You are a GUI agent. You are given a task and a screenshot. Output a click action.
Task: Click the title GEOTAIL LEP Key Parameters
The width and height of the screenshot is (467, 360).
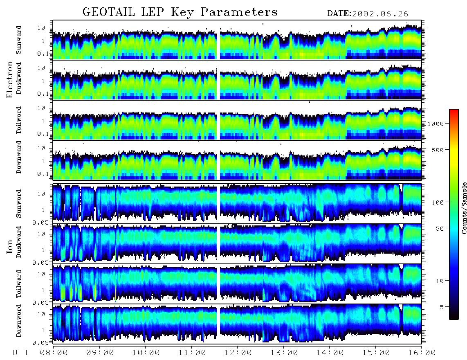pyautogui.click(x=180, y=12)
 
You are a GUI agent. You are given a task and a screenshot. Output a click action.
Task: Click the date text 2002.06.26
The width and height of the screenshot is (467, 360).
pyautogui.click(x=380, y=14)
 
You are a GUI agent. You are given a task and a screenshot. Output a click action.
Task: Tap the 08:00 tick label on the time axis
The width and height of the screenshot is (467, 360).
pyautogui.click(x=54, y=353)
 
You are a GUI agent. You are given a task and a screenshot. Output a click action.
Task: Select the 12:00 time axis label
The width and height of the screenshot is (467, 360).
pyautogui.click(x=238, y=353)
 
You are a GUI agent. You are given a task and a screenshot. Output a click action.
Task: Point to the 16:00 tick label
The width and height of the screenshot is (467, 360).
pyautogui.click(x=422, y=353)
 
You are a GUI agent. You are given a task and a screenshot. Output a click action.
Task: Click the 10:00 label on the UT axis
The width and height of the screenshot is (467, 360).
pyautogui.click(x=146, y=353)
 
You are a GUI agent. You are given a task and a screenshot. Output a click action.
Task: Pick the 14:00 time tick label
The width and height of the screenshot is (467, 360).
pyautogui.click(x=330, y=353)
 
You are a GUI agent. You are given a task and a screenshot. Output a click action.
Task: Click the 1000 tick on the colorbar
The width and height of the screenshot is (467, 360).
pyautogui.click(x=436, y=124)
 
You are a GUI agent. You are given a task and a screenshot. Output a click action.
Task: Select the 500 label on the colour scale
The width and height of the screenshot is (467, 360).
pyautogui.click(x=438, y=150)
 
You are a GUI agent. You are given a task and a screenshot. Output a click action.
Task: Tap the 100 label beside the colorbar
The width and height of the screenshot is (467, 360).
pyautogui.click(x=438, y=202)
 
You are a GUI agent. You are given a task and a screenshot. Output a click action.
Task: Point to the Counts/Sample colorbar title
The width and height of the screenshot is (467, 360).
pyautogui.click(x=464, y=208)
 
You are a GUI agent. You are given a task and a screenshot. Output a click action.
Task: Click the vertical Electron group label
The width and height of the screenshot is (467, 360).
pyautogui.click(x=9, y=79)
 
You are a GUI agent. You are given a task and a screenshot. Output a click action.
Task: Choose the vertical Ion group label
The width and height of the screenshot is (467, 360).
pyautogui.click(x=9, y=246)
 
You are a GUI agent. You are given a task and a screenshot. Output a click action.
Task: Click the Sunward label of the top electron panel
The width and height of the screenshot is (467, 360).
pyautogui.click(x=18, y=40)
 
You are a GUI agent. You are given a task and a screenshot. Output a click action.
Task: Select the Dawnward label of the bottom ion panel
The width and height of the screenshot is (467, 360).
pyautogui.click(x=18, y=320)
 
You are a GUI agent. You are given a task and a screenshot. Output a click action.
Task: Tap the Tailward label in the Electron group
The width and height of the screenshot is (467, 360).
pyautogui.click(x=18, y=120)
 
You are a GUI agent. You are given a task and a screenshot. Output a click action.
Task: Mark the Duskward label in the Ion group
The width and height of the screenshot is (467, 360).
pyautogui.click(x=18, y=242)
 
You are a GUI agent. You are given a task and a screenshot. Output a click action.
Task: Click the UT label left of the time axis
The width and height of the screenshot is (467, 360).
pyautogui.click(x=20, y=353)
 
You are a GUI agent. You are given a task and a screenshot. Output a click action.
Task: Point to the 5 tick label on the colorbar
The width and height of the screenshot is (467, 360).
pyautogui.click(x=442, y=307)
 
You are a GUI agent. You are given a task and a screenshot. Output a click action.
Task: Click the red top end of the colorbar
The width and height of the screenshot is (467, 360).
pyautogui.click(x=454, y=110)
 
